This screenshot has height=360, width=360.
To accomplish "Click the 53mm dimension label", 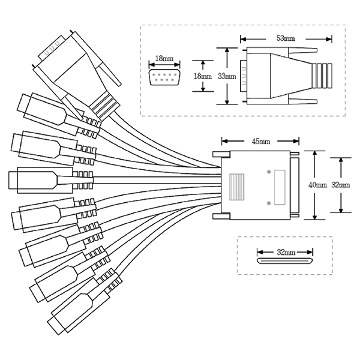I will [x=286, y=38].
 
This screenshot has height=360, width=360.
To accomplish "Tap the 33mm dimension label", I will [x=227, y=76].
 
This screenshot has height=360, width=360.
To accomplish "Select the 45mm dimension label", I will [x=260, y=142].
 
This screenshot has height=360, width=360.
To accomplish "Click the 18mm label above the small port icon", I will [x=164, y=59].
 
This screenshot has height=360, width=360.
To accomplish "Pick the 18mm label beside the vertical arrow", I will [x=204, y=76].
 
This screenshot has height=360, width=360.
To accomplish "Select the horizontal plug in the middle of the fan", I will [x=33, y=179].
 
